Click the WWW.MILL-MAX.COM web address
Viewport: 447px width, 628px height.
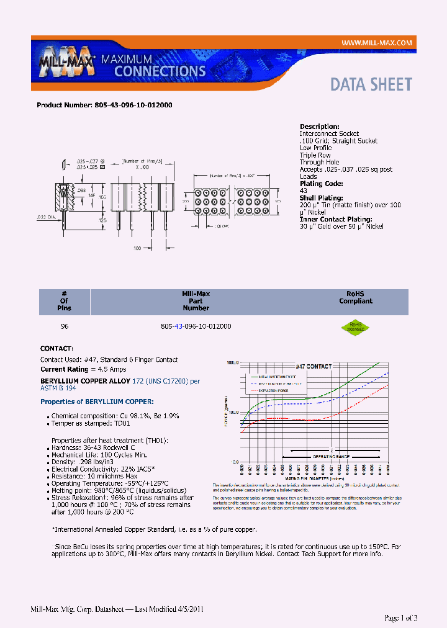(376, 42)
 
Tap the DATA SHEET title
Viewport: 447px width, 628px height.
(371, 84)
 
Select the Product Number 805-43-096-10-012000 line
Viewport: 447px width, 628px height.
(104, 105)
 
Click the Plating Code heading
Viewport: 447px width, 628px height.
(321, 184)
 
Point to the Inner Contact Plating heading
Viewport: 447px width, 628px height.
(336, 219)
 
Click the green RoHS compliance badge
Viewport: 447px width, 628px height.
(355, 326)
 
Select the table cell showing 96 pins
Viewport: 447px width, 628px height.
(65, 326)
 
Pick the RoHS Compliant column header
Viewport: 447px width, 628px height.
(355, 297)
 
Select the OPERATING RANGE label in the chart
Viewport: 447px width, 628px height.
(328, 456)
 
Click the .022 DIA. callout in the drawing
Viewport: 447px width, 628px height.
(43, 217)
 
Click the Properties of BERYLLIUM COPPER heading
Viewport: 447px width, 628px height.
(97, 401)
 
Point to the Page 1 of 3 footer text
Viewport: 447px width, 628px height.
(401, 617)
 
